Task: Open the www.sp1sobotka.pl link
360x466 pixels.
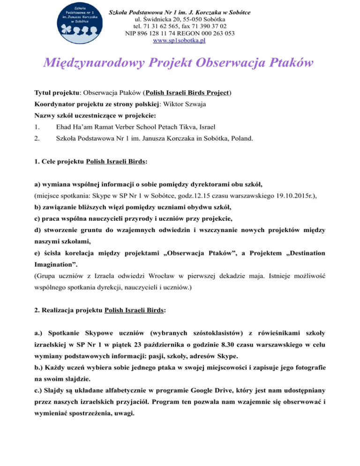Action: click(x=180, y=40)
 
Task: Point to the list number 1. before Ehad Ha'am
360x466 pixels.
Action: click(x=38, y=127)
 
